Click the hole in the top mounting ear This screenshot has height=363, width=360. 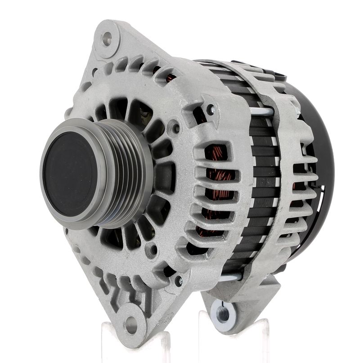coord(107,38)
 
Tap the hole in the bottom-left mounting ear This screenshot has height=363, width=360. coord(130,323)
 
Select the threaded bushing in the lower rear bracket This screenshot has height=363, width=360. coord(223,310)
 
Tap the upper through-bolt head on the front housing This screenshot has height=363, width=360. coord(211,109)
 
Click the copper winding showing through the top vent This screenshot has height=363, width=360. coord(170,77)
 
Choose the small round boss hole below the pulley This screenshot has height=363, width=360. coord(154,249)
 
